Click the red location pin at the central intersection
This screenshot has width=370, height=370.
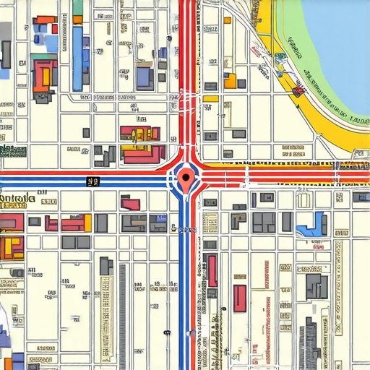[186, 176]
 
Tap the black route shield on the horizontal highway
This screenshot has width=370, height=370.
[92, 181]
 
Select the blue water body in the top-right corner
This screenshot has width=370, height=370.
[340, 43]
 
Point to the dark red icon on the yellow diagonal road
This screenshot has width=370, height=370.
[298, 91]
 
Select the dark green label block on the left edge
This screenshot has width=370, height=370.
[13, 151]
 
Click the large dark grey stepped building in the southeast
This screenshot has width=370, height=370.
[316, 285]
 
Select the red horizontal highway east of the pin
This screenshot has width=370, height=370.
[275, 175]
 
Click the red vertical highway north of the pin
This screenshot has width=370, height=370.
[190, 72]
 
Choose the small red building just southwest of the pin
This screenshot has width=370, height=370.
[130, 204]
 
